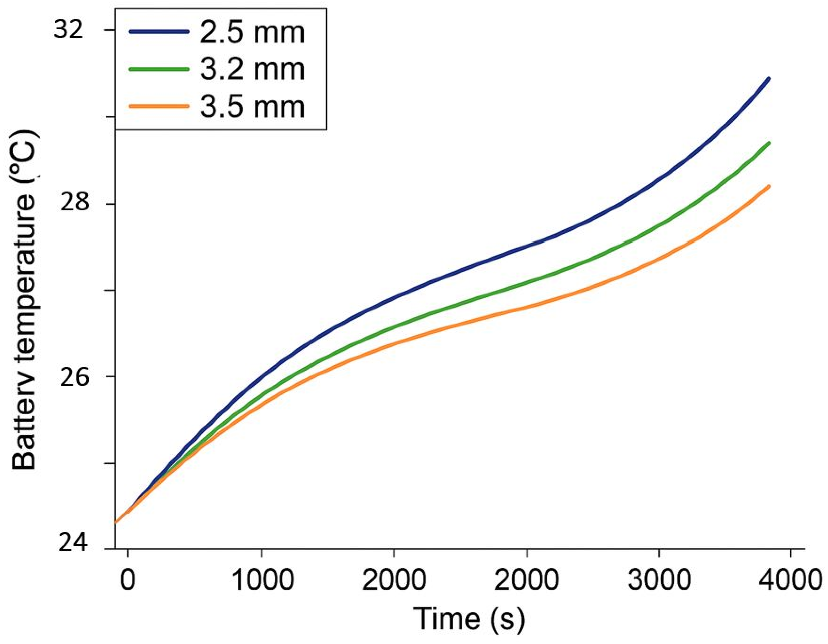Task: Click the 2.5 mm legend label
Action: pyautogui.click(x=252, y=33)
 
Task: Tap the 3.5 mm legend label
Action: pyautogui.click(x=252, y=107)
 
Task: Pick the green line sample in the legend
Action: pyautogui.click(x=159, y=69)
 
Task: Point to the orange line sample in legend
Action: pyautogui.click(x=159, y=106)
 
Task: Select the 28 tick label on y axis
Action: pyautogui.click(x=74, y=203)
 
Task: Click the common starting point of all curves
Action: pyautogui.click(x=115, y=522)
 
